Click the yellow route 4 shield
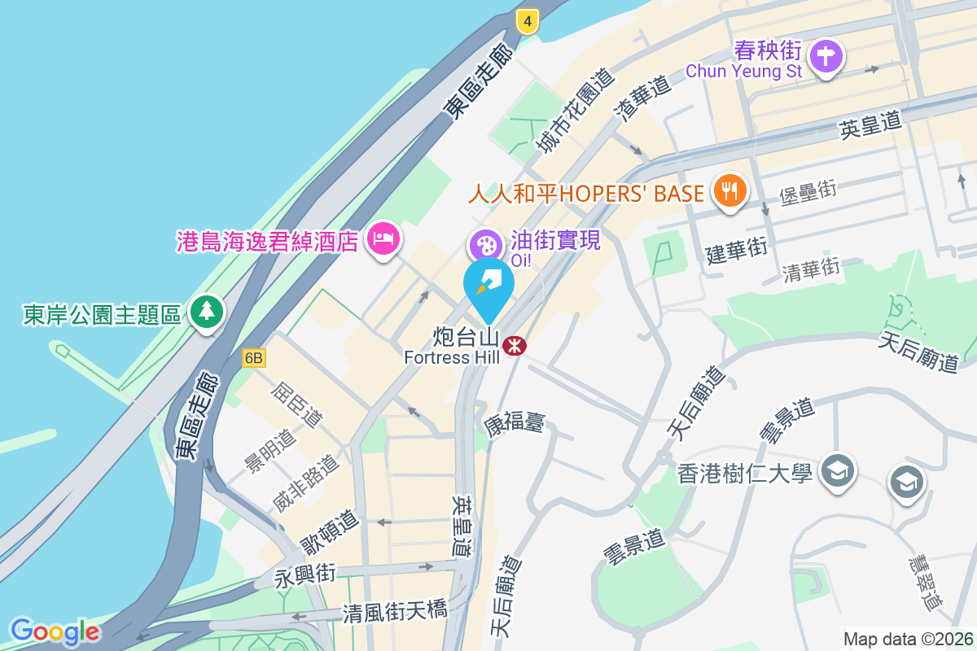click(x=528, y=22)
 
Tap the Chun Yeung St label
click(x=743, y=71)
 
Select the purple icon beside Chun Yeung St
click(x=826, y=57)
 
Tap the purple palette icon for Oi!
click(x=485, y=245)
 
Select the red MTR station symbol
click(x=514, y=347)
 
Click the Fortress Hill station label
click(x=452, y=357)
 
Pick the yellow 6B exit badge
click(x=254, y=357)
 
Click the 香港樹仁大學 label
click(x=744, y=472)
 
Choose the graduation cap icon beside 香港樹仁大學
click(x=836, y=471)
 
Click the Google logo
click(x=55, y=631)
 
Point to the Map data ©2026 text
click(x=907, y=639)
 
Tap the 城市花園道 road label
click(x=573, y=111)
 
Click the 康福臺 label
click(x=515, y=422)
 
